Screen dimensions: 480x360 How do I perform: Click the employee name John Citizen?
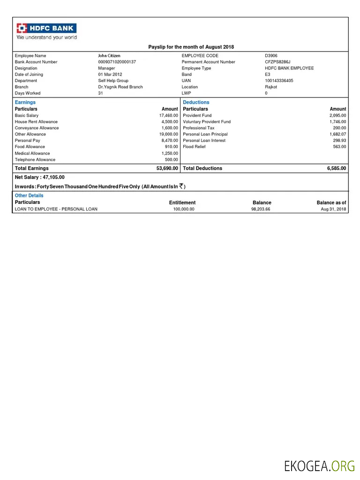109,56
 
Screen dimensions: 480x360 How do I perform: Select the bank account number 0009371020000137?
117,62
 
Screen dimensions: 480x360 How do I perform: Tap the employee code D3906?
271,56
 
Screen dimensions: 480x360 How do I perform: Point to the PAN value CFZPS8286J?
277,62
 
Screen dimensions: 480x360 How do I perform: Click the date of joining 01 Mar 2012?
110,75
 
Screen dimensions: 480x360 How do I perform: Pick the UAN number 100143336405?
279,81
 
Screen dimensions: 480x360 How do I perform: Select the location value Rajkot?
271,87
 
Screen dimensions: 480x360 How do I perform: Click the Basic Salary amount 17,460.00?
168,115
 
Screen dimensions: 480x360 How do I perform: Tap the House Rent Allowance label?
36,121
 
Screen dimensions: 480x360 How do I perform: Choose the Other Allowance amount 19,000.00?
168,134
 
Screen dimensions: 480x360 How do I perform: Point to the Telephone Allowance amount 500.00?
171,159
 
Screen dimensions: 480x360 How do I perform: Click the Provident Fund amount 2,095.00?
337,115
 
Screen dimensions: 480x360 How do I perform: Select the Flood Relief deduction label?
194,147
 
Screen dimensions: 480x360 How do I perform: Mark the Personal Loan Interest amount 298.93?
339,140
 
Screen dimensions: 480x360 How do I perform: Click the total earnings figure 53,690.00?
167,168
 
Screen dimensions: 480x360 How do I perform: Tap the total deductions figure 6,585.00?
337,168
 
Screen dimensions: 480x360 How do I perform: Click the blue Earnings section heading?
25,102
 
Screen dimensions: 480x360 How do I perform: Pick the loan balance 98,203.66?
261,209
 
